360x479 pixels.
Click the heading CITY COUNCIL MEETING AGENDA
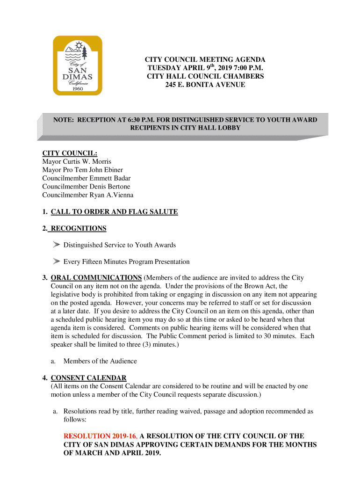pyautogui.click(x=205, y=60)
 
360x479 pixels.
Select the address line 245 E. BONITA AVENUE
pyautogui.click(x=205, y=85)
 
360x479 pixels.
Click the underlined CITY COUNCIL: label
pyautogui.click(x=70, y=153)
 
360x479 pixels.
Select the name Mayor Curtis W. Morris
pyautogui.click(x=77, y=161)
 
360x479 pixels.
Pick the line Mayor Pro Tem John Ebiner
pyautogui.click(x=83, y=170)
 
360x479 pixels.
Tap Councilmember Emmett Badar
pyautogui.click(x=86, y=178)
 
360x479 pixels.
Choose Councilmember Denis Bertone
pyautogui.click(x=86, y=187)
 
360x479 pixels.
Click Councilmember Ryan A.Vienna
pyautogui.click(x=88, y=195)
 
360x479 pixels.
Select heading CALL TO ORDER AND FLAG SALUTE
pyautogui.click(x=114, y=212)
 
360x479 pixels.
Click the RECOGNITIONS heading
pyautogui.click(x=79, y=229)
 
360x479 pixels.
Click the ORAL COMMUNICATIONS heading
pyautogui.click(x=96, y=278)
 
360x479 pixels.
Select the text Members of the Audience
pyautogui.click(x=100, y=361)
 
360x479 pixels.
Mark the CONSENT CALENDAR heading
pyautogui.click(x=88, y=378)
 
